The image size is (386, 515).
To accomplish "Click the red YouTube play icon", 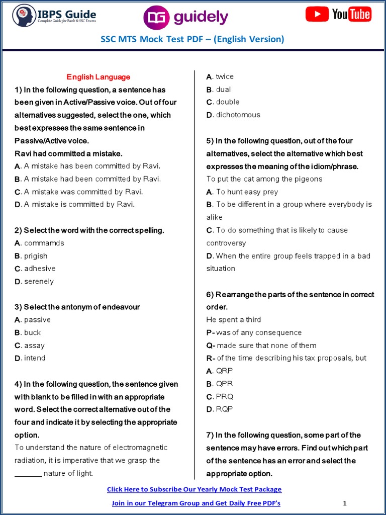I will (x=317, y=14).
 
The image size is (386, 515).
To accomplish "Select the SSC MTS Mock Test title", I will (x=193, y=39).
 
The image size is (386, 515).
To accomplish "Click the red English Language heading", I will (x=99, y=77).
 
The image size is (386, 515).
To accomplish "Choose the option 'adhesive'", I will (x=40, y=269).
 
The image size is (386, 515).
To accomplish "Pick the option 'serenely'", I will (x=39, y=282).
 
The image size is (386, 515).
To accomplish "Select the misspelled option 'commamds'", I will (x=44, y=243).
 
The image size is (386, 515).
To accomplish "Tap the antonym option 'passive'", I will (x=37, y=320).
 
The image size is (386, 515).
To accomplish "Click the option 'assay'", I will (x=34, y=346).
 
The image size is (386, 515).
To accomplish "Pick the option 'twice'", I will (x=225, y=76).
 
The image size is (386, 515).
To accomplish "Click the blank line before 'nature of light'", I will (x=28, y=473).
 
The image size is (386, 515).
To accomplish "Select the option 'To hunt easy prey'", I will (x=247, y=192).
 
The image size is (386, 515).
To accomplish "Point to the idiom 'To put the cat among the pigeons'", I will (x=264, y=179).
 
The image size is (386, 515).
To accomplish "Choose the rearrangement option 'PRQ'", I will (x=224, y=396).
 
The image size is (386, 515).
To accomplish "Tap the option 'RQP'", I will (x=224, y=409).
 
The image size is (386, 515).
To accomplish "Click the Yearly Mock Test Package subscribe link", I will (x=194, y=489).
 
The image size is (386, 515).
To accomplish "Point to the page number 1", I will (x=345, y=503).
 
